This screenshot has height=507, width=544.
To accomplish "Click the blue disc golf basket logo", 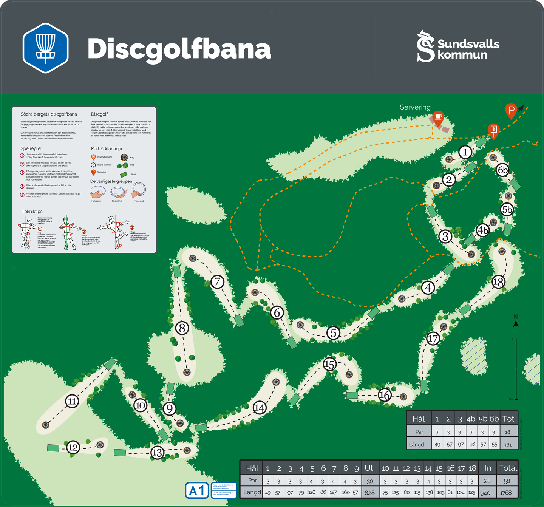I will [45, 48].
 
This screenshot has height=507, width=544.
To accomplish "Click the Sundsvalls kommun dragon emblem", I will [425, 46].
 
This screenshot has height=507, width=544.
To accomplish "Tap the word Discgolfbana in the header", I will [179, 49].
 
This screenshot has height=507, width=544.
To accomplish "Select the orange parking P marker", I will [511, 111].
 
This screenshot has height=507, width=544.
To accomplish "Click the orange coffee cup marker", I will [438, 118].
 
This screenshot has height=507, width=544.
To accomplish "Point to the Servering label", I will [415, 107].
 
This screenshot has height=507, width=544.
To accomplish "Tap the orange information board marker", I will [493, 130].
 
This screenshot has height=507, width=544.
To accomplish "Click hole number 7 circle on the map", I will [217, 281].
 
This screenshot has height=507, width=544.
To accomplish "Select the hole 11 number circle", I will [72, 401].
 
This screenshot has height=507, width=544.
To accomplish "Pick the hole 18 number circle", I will [498, 282].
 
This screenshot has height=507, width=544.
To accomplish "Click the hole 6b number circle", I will [502, 170].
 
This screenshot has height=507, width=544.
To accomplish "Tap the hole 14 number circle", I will [260, 408].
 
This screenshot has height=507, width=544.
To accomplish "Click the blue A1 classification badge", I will [197, 490].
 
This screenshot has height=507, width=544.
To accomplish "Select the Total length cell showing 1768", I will [506, 492].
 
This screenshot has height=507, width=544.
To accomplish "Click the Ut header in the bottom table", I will [369, 468].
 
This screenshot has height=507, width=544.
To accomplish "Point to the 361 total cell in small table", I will [507, 444].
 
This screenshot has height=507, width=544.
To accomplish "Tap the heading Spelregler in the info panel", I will [31, 148].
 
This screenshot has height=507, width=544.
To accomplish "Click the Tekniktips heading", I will [32, 212].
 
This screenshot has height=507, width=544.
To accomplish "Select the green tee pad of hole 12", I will [53, 448].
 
